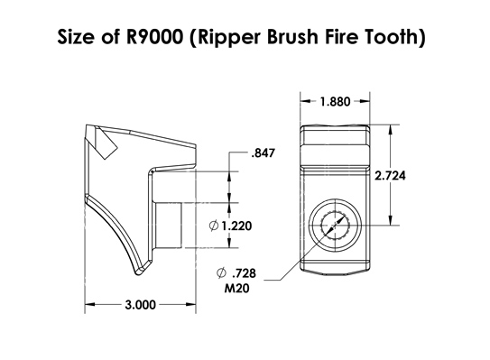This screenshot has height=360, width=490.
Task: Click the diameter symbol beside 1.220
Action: pyautogui.click(x=213, y=226)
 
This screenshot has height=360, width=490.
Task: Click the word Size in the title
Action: pyautogui.click(x=77, y=39)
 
